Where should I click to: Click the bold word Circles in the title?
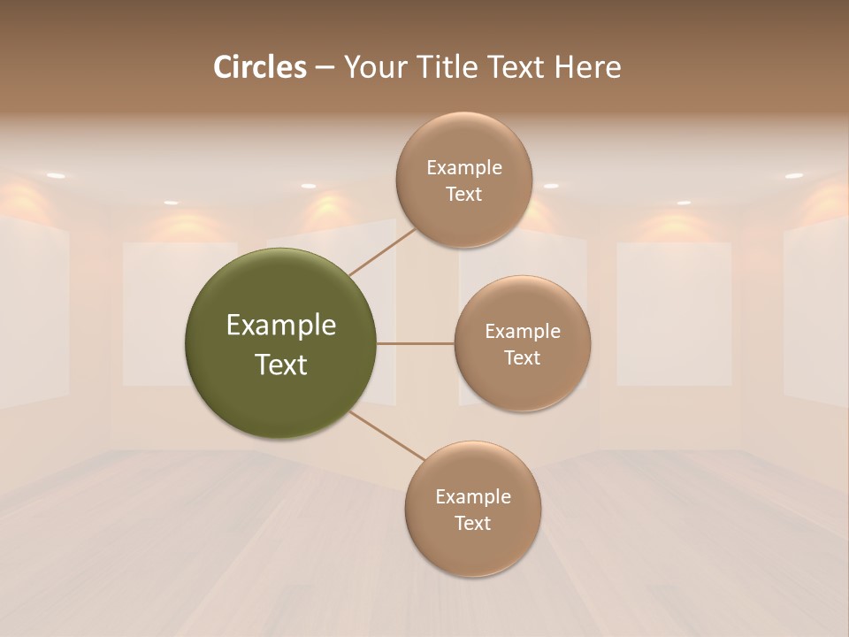[260, 67]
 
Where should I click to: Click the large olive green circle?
[280, 343]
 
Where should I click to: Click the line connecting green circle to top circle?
[382, 251]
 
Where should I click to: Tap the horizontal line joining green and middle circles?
[415, 343]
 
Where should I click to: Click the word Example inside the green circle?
[281, 326]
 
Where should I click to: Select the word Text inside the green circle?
[281, 365]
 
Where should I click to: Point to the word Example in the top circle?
[464, 168]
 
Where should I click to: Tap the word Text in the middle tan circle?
[522, 357]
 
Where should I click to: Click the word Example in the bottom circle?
[473, 497]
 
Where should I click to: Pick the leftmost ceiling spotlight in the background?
[56, 176]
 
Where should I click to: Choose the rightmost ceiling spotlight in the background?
[793, 176]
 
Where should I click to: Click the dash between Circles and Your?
[324, 68]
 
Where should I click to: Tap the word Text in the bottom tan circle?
[472, 523]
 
